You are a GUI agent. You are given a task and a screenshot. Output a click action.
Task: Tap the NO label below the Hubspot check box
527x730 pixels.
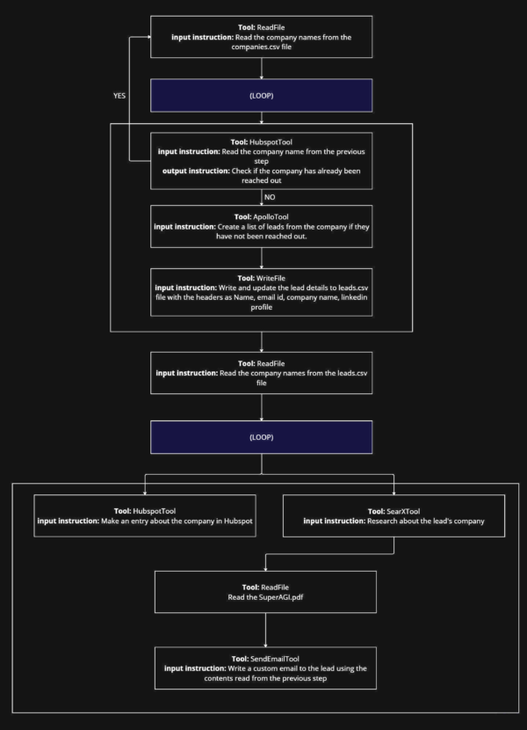coord(270,197)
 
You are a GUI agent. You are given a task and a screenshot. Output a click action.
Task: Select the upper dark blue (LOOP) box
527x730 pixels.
coord(262,96)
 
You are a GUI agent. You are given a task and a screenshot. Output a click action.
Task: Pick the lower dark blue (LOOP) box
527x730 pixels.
coord(262,436)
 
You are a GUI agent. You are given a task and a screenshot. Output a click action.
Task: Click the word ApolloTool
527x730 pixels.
coord(278,215)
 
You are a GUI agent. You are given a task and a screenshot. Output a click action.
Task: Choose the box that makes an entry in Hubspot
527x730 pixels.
coord(145,516)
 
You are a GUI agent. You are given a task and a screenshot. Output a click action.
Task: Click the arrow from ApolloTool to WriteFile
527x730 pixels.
coord(262,259)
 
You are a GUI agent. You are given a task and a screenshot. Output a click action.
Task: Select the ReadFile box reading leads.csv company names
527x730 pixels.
coord(262,373)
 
